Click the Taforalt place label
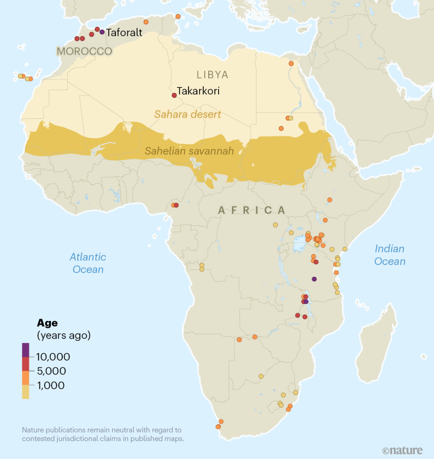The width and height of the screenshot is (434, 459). coord(124,33)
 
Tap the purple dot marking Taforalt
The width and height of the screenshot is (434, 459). coord(102,32)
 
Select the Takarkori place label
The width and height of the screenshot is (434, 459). coord(198,91)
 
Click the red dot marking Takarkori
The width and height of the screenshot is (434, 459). coord(174,95)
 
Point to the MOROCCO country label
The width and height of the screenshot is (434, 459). coord(84,52)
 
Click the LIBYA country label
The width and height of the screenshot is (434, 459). coord(212,75)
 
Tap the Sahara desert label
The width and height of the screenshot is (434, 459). coord(187,114)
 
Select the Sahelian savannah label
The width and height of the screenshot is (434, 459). coord(189,151)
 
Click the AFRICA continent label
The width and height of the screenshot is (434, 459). coord(252,210)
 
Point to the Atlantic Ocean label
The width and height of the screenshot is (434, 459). coord(88,263)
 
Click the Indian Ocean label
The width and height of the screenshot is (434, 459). coord(390,255)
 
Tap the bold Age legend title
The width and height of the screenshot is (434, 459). coord(48,323)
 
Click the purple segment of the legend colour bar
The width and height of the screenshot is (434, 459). coord(25,350)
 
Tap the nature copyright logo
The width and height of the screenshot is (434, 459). coord(402,451)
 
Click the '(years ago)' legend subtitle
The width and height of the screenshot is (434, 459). coord(63,335)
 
